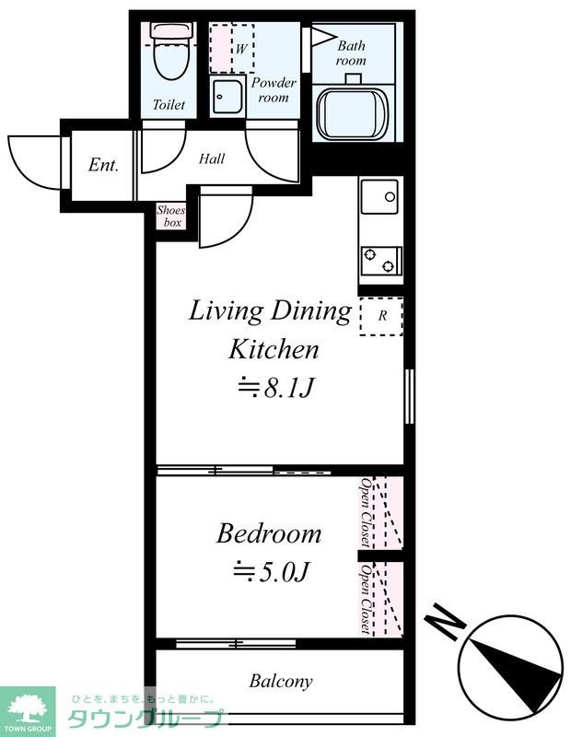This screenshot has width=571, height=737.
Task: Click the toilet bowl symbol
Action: pyautogui.click(x=171, y=51)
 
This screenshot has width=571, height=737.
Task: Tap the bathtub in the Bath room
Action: pyautogui.click(x=353, y=111)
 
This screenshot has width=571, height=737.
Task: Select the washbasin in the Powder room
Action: pyautogui.click(x=227, y=96)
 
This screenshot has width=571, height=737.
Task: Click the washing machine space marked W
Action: pyautogui.click(x=232, y=49)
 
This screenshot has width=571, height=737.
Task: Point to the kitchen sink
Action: pyautogui.click(x=379, y=196)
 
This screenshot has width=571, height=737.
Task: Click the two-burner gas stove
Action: pyautogui.click(x=381, y=261)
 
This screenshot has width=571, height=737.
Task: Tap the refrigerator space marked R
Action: pyautogui.click(x=381, y=316)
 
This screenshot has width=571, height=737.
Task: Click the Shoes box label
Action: pyautogui.click(x=171, y=216)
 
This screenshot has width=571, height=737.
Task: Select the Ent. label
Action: pyautogui.click(x=103, y=165)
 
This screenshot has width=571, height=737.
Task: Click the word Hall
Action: pyautogui.click(x=212, y=158)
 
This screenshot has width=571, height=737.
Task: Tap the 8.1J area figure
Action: pyautogui.click(x=275, y=388)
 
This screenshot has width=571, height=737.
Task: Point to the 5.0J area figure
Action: pyautogui.click(x=272, y=571)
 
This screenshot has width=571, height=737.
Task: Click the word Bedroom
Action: pyautogui.click(x=269, y=534)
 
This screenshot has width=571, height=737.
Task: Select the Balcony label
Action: pyautogui.click(x=281, y=681)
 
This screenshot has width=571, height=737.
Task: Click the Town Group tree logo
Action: pyautogui.click(x=28, y=708)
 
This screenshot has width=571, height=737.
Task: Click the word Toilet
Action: pyautogui.click(x=169, y=104)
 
